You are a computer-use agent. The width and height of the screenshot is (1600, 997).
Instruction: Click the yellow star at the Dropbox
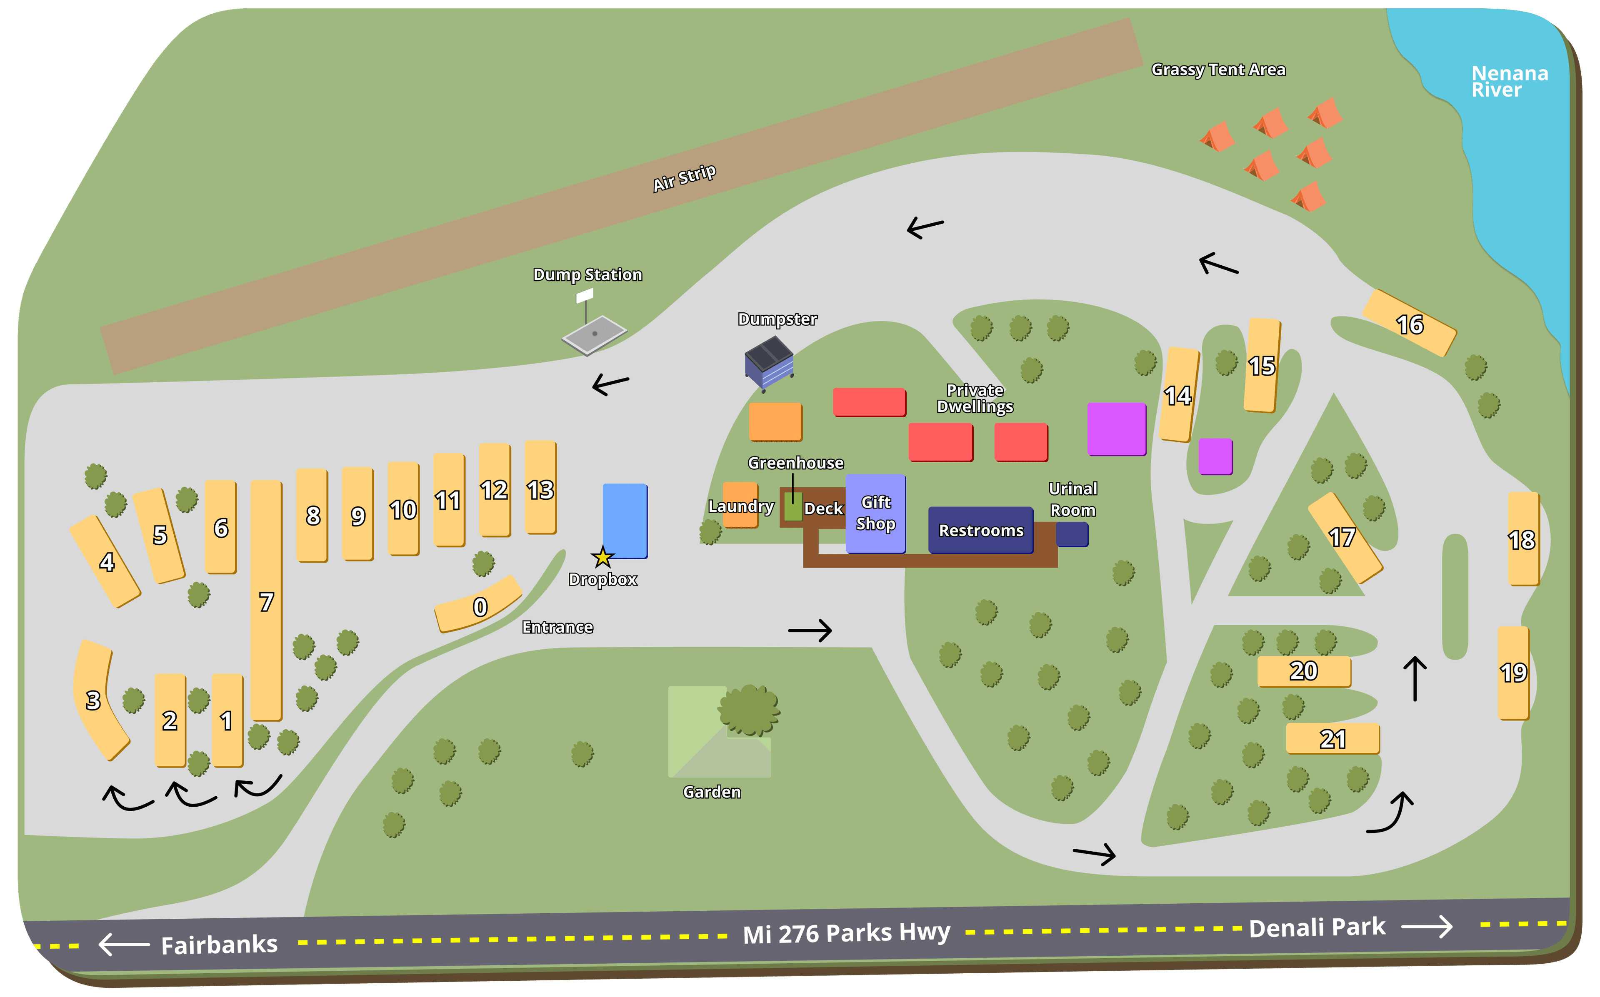(x=602, y=557)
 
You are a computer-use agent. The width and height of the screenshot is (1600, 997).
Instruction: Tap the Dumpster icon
(x=769, y=363)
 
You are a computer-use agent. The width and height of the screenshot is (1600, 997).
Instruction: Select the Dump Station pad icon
(x=594, y=335)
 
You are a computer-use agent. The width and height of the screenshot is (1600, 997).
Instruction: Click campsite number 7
(x=266, y=601)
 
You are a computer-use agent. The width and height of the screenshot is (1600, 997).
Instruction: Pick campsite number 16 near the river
(x=1410, y=324)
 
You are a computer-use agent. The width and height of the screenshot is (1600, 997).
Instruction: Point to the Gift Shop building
(x=875, y=513)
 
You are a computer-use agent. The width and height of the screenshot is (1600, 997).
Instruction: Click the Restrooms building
(x=981, y=530)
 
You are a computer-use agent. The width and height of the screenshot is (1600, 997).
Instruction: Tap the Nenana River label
(x=1509, y=82)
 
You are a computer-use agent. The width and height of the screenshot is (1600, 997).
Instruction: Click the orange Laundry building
(x=740, y=505)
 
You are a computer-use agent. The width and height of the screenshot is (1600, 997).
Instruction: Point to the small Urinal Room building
(x=1072, y=534)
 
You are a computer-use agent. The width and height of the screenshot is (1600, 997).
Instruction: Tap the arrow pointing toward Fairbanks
(x=124, y=944)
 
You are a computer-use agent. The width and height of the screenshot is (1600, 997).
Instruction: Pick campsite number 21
(x=1332, y=738)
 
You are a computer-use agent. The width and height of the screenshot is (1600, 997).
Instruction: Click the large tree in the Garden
(x=749, y=710)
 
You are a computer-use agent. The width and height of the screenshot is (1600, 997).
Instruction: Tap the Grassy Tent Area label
(x=1218, y=70)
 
